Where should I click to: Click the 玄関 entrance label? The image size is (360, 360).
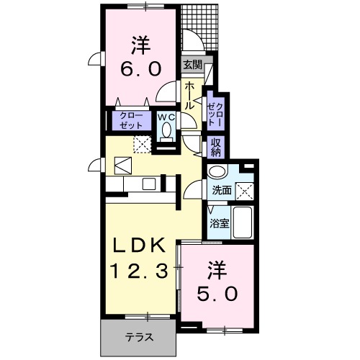[191, 66]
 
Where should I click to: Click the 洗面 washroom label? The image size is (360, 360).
[221, 191]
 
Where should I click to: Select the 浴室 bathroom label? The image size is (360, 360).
[220, 223]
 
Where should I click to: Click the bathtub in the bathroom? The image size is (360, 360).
[243, 224]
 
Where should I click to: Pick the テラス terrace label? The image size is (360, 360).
[138, 336]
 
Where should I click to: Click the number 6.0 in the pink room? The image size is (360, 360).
[140, 70]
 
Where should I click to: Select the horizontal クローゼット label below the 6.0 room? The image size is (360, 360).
[130, 120]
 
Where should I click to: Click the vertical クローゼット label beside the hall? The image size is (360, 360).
[215, 111]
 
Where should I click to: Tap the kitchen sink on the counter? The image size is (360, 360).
[149, 184]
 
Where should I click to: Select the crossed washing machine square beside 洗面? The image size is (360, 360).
[246, 191]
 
